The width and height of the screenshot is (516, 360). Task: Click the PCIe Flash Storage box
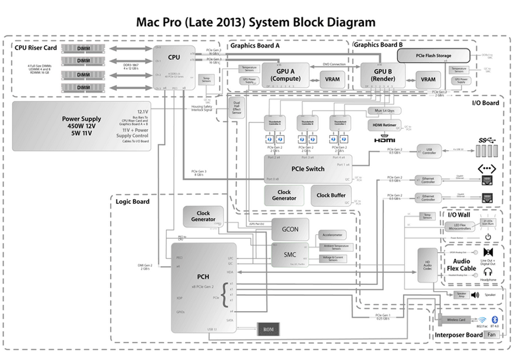tap(433, 56)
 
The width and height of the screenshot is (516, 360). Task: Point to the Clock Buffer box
tap(331, 195)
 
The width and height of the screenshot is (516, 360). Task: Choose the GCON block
tap(289, 229)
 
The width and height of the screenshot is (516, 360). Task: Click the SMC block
tap(289, 255)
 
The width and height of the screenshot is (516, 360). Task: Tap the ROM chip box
tap(268, 330)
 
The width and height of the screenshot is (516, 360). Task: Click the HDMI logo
tap(384, 140)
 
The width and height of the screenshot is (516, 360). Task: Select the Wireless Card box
tap(456, 320)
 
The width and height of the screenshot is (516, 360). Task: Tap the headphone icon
tap(488, 272)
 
